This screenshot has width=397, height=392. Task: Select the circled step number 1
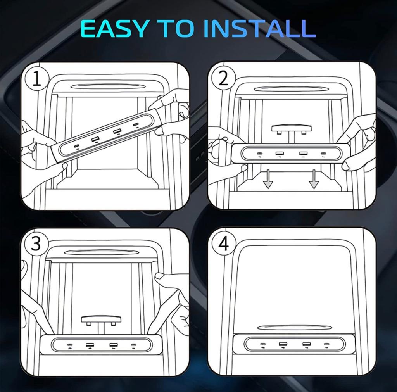point(36,79)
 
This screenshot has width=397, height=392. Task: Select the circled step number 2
point(223,78)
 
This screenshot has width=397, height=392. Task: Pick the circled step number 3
point(36,243)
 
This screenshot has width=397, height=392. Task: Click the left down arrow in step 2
point(268,179)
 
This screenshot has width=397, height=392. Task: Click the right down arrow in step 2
point(314,179)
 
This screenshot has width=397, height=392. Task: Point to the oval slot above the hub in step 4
point(294,327)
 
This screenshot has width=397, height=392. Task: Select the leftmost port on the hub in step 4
point(263,344)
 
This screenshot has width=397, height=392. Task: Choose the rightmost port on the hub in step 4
point(326,344)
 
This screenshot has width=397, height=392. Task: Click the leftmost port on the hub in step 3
point(70,345)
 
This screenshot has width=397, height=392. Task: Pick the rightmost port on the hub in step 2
point(323,154)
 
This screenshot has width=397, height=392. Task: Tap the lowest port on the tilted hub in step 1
point(77,147)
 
